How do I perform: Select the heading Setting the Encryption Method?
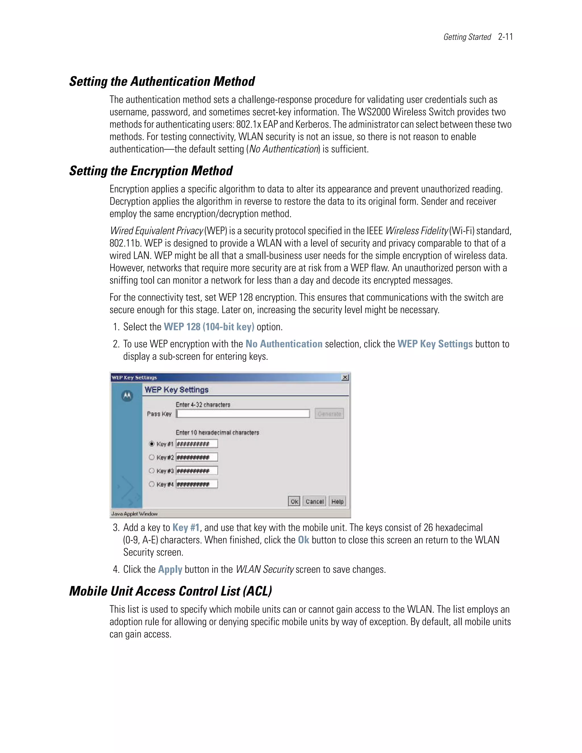(x=151, y=171)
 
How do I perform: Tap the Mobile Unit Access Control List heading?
(x=170, y=591)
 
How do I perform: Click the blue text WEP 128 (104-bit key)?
(x=209, y=327)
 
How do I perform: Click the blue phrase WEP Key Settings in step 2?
(x=435, y=344)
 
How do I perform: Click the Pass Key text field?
(x=243, y=414)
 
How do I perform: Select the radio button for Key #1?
(x=151, y=444)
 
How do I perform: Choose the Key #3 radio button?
(x=151, y=471)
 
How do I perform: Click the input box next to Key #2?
(x=197, y=457)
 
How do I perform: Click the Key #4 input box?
(x=197, y=484)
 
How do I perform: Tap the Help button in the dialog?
(x=337, y=502)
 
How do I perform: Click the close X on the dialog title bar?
(x=345, y=378)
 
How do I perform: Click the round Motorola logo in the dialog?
(x=127, y=396)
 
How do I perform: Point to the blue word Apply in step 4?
(x=170, y=569)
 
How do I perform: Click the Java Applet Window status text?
(x=134, y=514)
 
